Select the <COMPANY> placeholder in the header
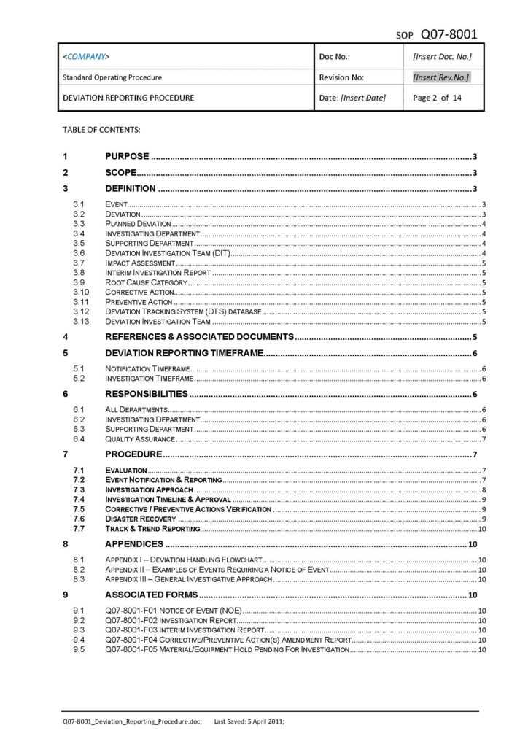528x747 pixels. coord(87,56)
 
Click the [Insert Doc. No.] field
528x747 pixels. coord(442,56)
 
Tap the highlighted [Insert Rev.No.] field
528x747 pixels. coord(440,77)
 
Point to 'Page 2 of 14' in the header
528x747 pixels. coord(437,97)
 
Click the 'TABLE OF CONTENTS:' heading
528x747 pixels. coord(101,130)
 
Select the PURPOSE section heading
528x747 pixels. coord(127,156)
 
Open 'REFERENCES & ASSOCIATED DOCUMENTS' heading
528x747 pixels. coord(199,337)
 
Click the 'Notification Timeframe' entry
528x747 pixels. coord(148,369)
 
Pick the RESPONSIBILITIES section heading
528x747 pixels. coord(147,395)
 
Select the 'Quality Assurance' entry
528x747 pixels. coord(140,439)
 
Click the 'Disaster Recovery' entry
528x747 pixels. coord(141,519)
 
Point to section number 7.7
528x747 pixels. coord(79,529)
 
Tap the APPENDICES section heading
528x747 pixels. coord(134,544)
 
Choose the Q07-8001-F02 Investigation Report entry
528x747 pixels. coord(171,620)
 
